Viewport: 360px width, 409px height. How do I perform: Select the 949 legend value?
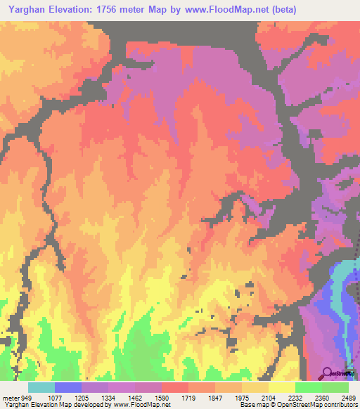coord(26,397)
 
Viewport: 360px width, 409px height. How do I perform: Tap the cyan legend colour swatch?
coord(41,387)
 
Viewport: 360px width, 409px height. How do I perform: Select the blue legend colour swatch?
coord(68,387)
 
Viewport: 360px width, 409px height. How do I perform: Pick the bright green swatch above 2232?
coord(308,387)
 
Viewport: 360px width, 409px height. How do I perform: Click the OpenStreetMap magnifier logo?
coord(328,372)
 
